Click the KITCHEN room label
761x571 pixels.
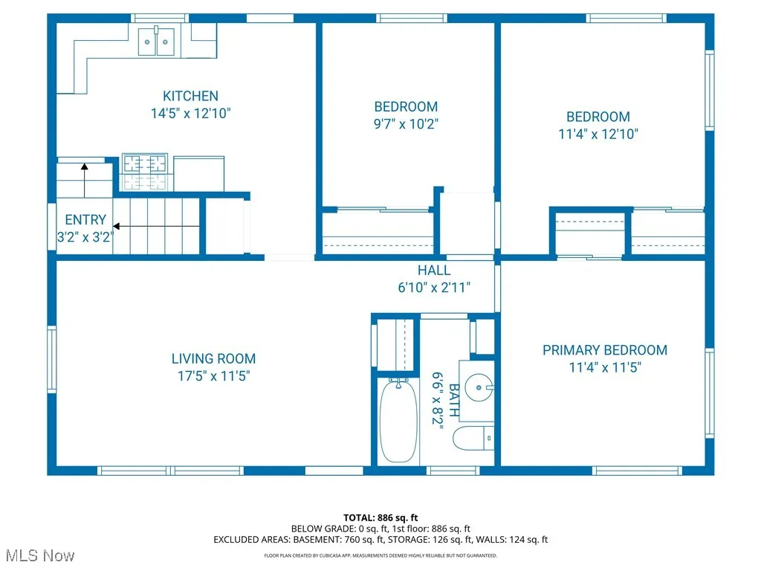(x=190, y=96)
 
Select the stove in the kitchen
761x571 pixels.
(x=146, y=172)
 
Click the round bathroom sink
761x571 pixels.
(x=475, y=387)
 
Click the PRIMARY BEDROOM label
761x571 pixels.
(x=604, y=350)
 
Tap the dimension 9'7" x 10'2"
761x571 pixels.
(x=406, y=124)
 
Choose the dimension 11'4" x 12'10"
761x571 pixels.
(x=598, y=135)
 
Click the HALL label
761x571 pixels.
(x=433, y=271)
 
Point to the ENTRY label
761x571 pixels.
(x=85, y=220)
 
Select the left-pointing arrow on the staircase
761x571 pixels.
(x=156, y=225)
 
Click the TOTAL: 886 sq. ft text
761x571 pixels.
(x=380, y=517)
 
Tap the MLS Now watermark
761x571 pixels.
(x=38, y=556)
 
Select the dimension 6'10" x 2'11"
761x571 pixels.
(x=433, y=288)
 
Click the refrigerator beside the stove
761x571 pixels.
(x=198, y=173)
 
